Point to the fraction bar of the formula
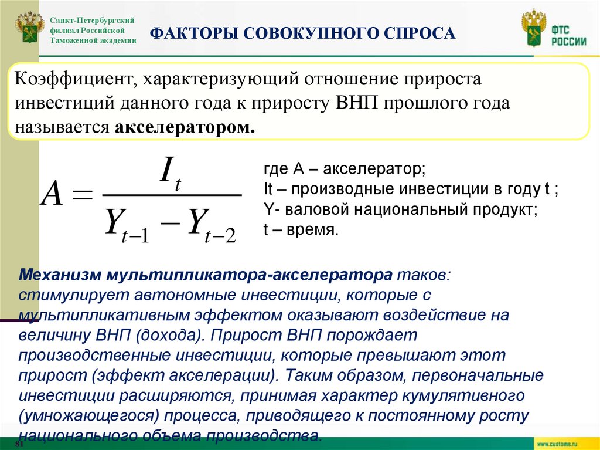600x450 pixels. coord(171,195)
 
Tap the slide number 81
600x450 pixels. coord(19,445)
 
